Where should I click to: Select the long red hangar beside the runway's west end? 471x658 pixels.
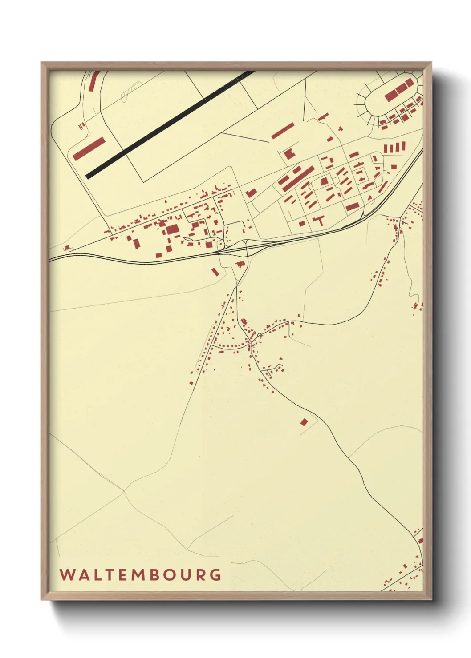coord(89,148)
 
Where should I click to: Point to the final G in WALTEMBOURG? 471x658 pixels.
coord(215,574)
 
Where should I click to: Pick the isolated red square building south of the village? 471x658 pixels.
coord(304,422)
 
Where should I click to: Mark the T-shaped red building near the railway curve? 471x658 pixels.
coord(318,221)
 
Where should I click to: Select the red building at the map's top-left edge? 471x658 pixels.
coord(93,81)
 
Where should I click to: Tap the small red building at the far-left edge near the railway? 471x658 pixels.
coord(67,247)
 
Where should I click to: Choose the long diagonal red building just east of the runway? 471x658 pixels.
coord(283,131)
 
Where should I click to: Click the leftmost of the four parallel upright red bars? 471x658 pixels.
coord(386,149)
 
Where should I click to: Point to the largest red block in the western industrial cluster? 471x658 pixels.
coord(172,229)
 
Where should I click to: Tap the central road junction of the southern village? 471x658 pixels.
coord(250,343)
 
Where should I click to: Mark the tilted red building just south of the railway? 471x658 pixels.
coord(215,271)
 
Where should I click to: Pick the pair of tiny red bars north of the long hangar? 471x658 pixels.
coord(81,126)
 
